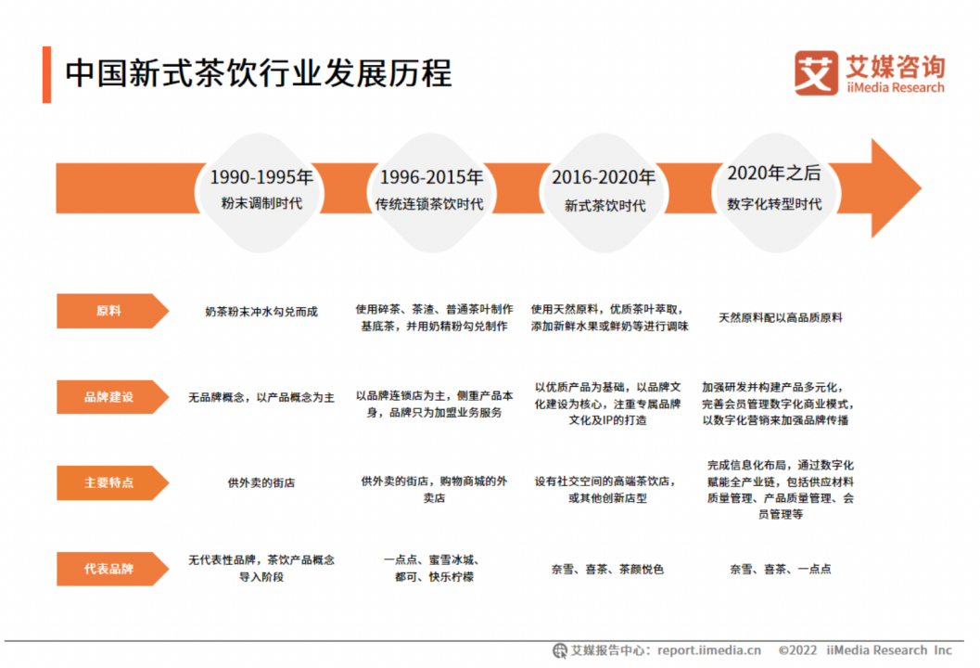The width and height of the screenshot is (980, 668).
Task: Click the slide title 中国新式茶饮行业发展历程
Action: click(258, 73)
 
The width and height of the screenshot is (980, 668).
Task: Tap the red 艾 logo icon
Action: click(816, 73)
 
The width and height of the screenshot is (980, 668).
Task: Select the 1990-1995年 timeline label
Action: click(261, 177)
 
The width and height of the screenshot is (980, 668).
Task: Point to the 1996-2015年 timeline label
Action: click(431, 177)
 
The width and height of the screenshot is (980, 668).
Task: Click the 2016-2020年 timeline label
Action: click(604, 177)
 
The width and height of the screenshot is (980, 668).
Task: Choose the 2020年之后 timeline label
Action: click(774, 173)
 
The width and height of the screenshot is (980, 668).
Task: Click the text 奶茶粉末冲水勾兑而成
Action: click(261, 312)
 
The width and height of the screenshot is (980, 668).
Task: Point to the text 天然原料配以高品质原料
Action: click(780, 317)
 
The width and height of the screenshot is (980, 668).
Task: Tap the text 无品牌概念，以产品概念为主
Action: click(261, 397)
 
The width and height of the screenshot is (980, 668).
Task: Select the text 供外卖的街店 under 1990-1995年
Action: click(261, 482)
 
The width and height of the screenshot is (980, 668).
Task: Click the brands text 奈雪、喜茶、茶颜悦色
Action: click(607, 569)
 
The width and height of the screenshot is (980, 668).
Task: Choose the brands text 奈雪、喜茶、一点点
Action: click(780, 569)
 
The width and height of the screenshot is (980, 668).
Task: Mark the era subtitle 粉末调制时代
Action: click(261, 203)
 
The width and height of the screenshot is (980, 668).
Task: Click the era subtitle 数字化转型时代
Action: click(774, 204)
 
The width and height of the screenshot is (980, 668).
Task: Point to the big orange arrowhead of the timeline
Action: click(891, 187)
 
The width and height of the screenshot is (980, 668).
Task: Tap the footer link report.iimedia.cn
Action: click(709, 649)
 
